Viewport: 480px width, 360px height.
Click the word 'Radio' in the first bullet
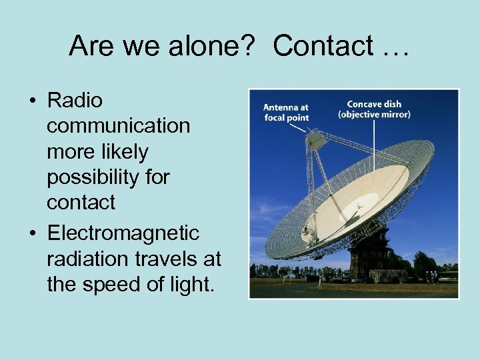pos(75,101)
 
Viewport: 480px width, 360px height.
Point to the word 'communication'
pos(118,126)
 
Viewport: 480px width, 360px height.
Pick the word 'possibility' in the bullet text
pos(108,177)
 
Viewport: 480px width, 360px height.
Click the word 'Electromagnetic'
pos(123,233)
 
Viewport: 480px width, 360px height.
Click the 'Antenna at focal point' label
pos(285,111)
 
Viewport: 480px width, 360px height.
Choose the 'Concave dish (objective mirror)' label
pos(373,109)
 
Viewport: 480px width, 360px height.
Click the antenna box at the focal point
pos(315,139)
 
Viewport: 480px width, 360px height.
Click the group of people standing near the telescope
pos(431,276)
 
